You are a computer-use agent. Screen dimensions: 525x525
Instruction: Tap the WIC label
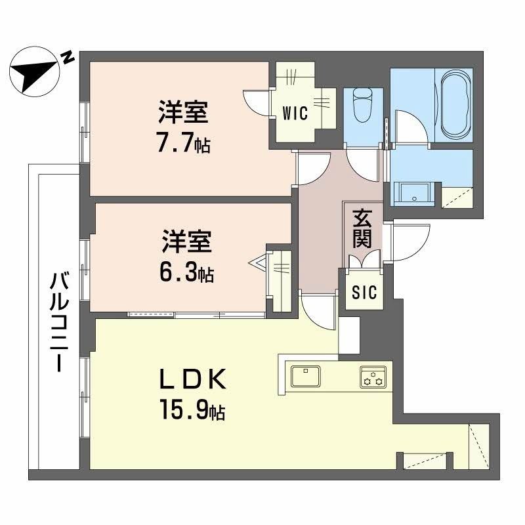(295, 113)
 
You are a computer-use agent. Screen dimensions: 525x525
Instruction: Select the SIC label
(364, 293)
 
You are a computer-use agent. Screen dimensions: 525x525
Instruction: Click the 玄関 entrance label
(362, 228)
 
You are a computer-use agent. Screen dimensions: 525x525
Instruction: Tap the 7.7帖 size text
(183, 143)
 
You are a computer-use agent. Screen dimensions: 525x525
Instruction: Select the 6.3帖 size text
(186, 272)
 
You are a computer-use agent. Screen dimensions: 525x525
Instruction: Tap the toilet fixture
(362, 106)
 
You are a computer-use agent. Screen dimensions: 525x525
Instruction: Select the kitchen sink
(305, 377)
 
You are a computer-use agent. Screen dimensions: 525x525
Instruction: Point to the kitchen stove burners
(373, 377)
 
